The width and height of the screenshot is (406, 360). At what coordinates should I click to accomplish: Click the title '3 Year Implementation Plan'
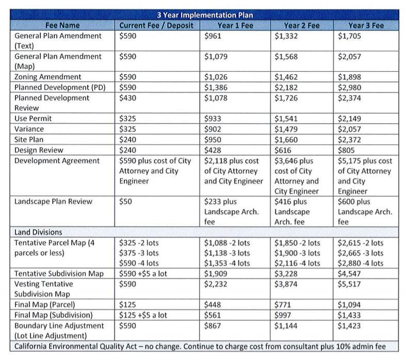[x=205, y=15]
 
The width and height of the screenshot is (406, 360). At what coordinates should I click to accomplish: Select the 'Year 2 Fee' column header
[x=302, y=25]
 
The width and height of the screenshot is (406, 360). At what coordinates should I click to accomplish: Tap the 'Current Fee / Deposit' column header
[x=156, y=25]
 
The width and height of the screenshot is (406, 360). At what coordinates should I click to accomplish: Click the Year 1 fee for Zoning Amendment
[x=216, y=77]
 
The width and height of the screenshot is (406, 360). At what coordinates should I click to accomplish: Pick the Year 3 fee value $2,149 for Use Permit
[x=349, y=119]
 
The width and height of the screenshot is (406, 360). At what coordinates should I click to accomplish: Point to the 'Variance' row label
[x=29, y=129]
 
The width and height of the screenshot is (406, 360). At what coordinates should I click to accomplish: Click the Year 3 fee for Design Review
[x=346, y=150]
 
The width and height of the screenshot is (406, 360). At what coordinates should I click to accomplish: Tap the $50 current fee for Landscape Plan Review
[x=125, y=201]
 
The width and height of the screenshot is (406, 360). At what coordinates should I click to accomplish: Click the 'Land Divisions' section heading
[x=38, y=232]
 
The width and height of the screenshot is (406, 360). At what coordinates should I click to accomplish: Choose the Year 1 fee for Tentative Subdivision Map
[x=216, y=273]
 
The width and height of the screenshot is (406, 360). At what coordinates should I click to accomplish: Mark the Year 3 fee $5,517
[x=349, y=284]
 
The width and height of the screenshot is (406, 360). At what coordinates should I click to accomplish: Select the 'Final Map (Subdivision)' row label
[x=54, y=315]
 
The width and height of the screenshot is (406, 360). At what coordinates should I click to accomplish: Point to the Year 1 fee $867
[x=213, y=325]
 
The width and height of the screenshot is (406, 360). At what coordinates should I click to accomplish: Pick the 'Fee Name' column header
[x=62, y=25]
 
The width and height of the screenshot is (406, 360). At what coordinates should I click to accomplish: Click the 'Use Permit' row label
[x=33, y=119]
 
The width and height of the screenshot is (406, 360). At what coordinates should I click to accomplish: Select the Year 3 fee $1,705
[x=349, y=36]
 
